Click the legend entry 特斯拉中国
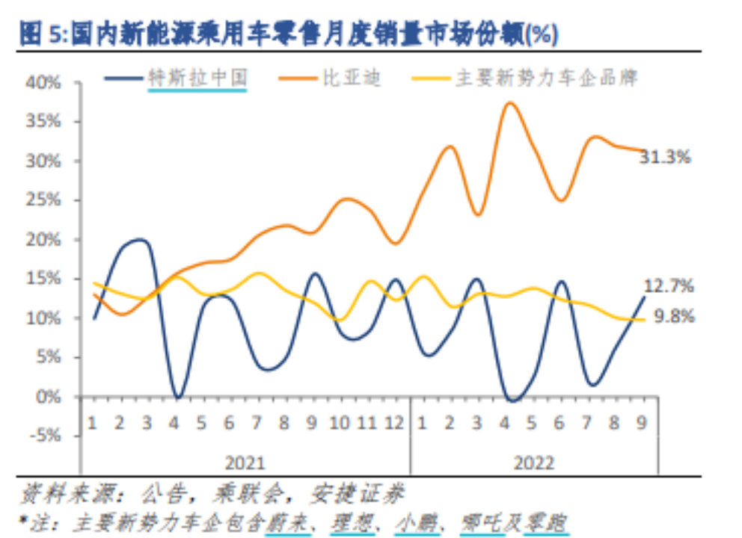coord(197,78)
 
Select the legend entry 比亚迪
coord(352,78)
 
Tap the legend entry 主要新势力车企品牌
coord(547,78)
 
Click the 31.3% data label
coord(665,157)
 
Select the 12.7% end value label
coord(669,285)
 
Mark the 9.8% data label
coord(674,316)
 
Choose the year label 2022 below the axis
coord(534,463)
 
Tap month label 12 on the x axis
coord(395,423)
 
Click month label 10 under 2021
coord(340,423)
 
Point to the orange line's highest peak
coord(510,103)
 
